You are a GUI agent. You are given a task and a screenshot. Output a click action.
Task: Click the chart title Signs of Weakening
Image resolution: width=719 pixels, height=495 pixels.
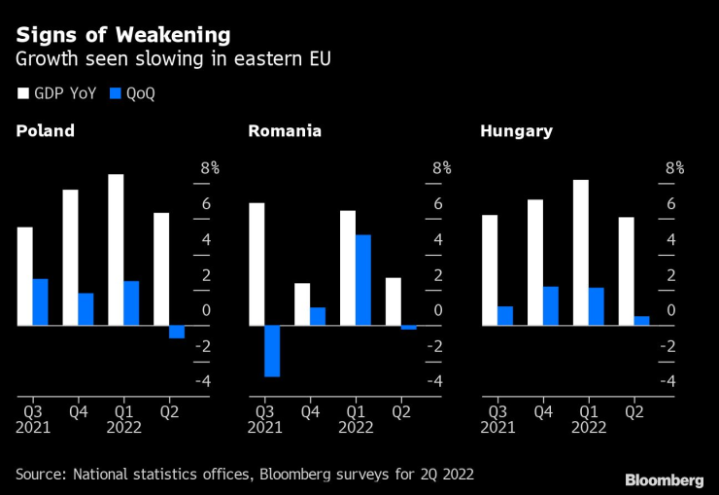122,35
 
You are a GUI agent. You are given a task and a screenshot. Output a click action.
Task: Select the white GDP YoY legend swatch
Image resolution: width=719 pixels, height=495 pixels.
22,94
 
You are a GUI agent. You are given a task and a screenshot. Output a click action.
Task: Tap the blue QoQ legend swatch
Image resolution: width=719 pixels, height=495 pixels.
116,94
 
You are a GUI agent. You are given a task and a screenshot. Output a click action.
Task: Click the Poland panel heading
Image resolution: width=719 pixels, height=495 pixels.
45,131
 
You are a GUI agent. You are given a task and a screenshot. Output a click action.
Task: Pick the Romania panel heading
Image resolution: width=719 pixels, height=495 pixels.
285,131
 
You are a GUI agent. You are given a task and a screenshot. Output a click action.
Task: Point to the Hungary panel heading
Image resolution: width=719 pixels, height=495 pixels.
516,131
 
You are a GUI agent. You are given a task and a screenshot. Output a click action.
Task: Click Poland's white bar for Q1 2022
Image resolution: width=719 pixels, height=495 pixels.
117,250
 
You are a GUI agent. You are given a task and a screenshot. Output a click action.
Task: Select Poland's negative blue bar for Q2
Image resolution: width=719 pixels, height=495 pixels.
177,332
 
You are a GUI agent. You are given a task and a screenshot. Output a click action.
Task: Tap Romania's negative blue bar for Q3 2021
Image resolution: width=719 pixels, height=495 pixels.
272,351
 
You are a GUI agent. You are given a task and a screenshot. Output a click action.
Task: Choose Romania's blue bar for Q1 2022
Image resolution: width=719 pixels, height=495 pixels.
363,280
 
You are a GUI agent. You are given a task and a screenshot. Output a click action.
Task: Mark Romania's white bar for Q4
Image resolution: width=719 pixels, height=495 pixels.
302,304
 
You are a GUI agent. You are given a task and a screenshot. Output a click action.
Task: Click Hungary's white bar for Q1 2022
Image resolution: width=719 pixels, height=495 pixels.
581,253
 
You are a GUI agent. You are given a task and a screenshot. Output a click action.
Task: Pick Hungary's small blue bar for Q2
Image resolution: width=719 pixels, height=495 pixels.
641,321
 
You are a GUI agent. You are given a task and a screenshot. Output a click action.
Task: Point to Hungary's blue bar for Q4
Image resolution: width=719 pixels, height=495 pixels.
551,306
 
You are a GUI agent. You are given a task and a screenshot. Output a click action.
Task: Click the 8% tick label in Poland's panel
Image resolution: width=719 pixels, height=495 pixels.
210,168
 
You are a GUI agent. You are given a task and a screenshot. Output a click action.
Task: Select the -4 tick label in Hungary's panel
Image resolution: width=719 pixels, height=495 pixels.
668,381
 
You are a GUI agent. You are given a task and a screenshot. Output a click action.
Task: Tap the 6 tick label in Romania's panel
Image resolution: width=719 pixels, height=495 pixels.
439,204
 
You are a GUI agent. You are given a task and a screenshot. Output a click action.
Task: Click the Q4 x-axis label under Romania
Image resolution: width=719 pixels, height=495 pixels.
310,411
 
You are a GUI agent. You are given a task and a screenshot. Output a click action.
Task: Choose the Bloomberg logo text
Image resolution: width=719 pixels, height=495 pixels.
664,480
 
